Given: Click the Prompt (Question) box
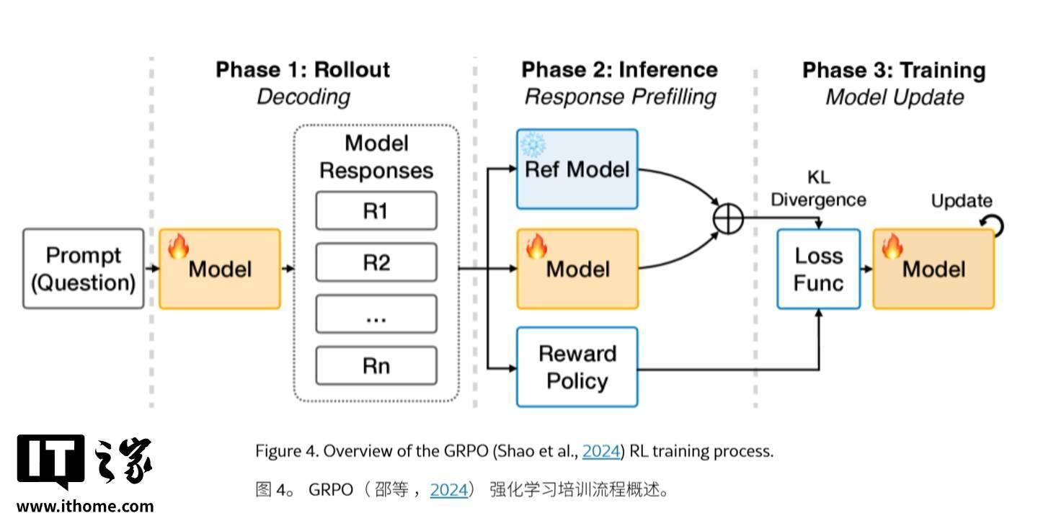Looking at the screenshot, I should pos(84,269).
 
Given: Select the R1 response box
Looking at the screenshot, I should pos(376,210).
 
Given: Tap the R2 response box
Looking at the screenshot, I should pos(376,262).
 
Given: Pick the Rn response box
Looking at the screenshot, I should pos(376,365).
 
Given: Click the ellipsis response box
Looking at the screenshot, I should pos(376,314).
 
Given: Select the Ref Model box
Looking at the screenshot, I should pos(577,170).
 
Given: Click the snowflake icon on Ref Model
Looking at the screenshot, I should pos(533,144).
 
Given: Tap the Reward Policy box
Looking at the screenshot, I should pos(577,367).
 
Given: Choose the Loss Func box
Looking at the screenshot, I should pos(818,269).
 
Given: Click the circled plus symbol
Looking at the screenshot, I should pos(728,218).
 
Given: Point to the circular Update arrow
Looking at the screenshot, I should pos(995,226).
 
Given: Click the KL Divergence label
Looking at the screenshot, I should pos(818,189).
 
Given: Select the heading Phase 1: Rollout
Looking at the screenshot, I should pos(303,70).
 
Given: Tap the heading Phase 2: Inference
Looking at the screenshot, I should pos(619,70).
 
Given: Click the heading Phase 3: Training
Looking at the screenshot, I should pos(894,71).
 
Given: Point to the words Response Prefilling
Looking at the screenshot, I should pos(620,97).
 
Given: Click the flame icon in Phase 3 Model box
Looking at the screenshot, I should pos(892,246).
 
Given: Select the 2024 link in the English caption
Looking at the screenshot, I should pos(600,452).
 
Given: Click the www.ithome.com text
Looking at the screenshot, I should pos(85,506).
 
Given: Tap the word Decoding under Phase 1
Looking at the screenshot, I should pos(303,97).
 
